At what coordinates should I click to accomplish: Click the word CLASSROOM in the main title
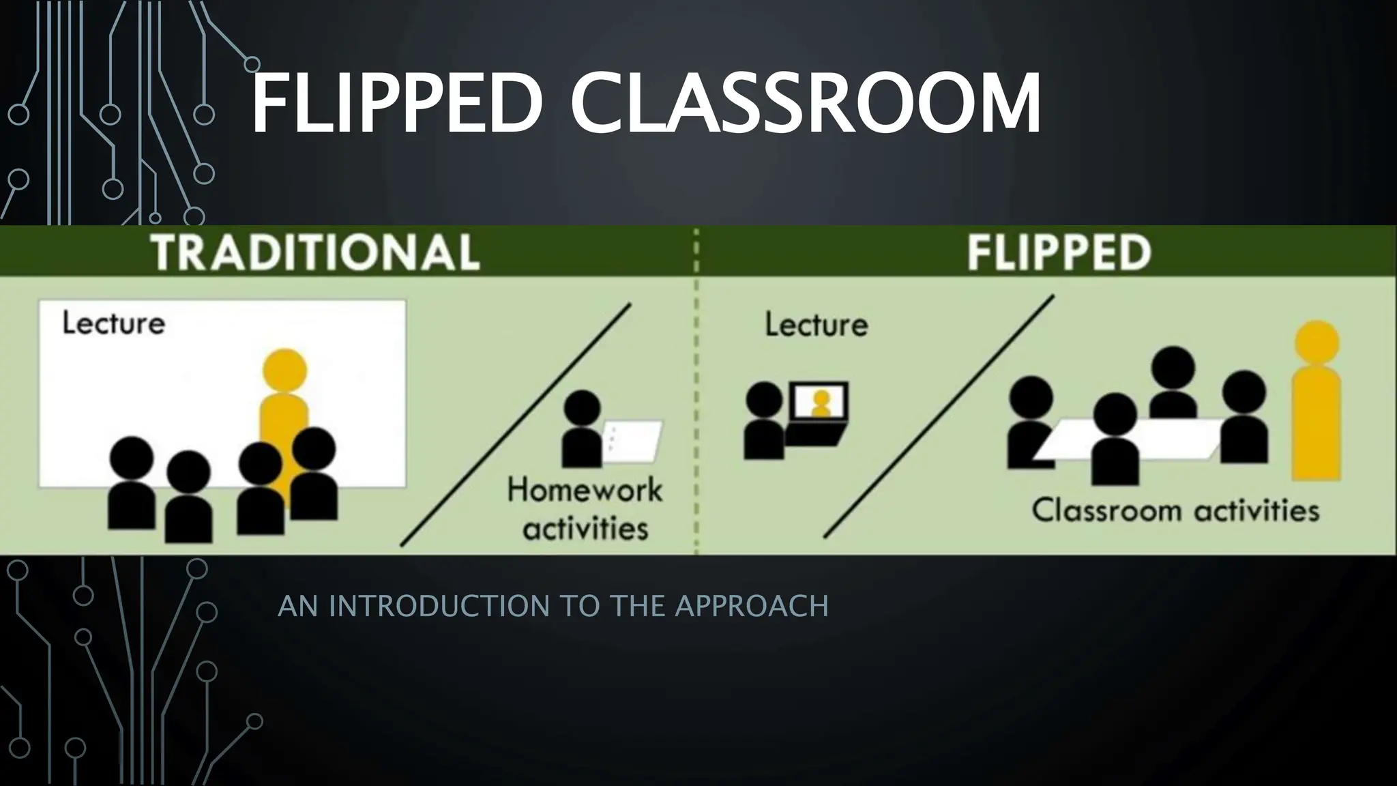coord(805,104)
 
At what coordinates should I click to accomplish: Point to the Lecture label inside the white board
coord(113,323)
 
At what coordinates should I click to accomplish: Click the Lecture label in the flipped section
coord(816,324)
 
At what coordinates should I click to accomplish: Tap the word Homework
coord(585,490)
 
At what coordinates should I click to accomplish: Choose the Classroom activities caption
coord(1175,510)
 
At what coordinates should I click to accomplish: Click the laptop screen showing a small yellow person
coord(819,402)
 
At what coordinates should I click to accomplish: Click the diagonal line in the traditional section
coord(516,425)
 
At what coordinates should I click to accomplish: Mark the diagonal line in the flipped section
coord(939,417)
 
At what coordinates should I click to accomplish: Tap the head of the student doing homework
coord(583,408)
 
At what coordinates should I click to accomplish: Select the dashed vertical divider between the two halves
coord(696,409)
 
